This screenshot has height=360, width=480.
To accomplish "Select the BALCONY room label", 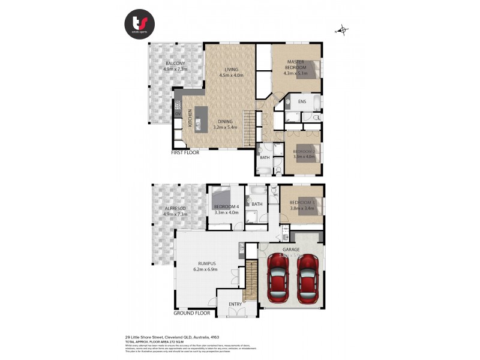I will click(x=175, y=66).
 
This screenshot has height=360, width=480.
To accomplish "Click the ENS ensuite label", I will click(x=302, y=101).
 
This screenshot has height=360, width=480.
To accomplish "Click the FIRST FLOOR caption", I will click(x=184, y=152).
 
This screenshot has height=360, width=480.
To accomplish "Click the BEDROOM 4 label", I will click(x=226, y=209).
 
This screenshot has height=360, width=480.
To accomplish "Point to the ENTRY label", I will click(x=235, y=304).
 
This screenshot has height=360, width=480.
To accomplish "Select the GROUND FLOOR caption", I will click(x=192, y=313).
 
